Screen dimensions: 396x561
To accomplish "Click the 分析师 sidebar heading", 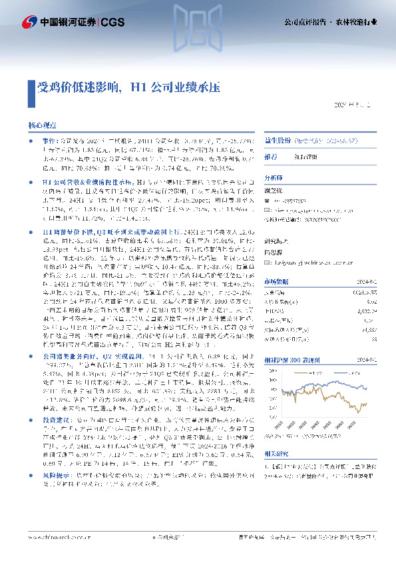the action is click(274, 178).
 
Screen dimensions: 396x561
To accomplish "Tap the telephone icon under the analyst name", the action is click(267, 200).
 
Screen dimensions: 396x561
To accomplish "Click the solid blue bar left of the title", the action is click(31, 87).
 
